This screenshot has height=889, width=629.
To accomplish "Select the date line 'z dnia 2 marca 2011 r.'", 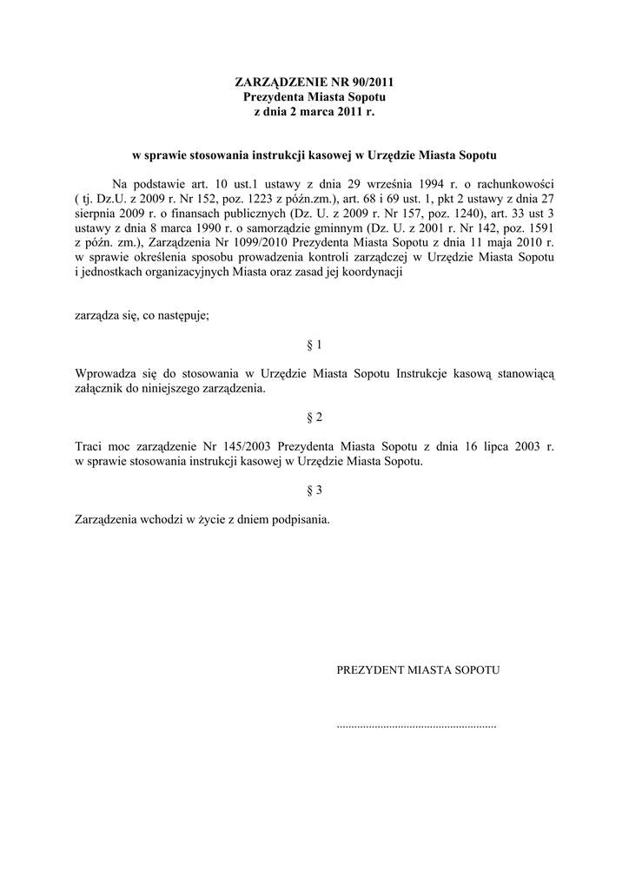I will coord(314,112).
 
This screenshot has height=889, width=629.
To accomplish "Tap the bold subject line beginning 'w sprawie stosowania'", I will coord(314,157).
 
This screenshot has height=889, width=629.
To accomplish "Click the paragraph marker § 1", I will coord(314,345).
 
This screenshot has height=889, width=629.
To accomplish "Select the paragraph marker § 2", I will coord(314,418).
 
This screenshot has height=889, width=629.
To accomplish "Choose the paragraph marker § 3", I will coord(314,491).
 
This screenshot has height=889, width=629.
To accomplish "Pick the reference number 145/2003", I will coord(245,446).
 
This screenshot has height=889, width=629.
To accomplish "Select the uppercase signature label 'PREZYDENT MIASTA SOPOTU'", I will coord(418,670).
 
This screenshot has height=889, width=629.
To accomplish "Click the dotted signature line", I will coord(416,724).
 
